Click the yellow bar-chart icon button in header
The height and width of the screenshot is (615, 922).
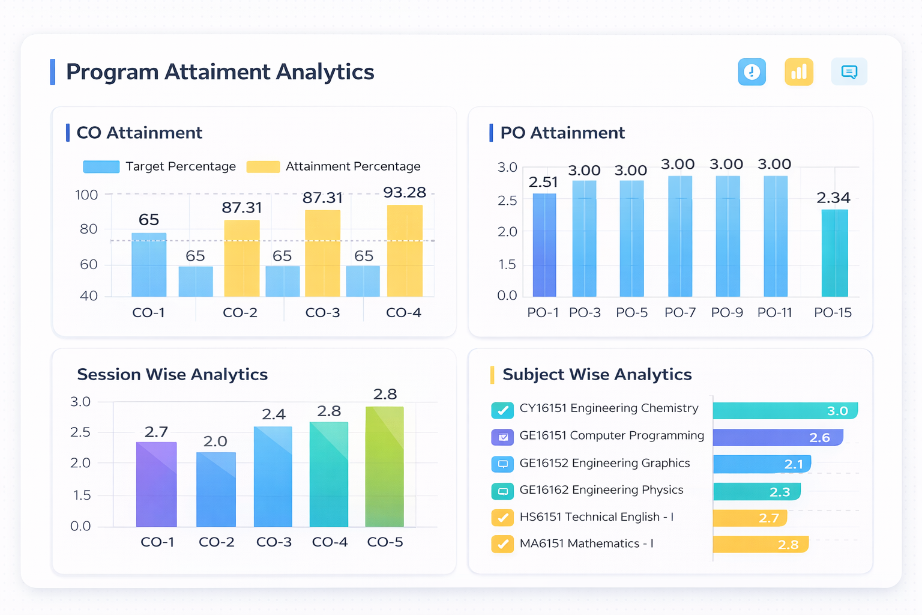[799, 72]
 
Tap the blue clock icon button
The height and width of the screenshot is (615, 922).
[752, 72]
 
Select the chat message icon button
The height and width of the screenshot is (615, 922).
[849, 72]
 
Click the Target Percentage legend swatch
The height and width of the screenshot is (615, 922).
[101, 167]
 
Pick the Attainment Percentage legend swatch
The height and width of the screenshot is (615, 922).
[263, 167]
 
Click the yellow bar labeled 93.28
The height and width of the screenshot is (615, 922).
[405, 251]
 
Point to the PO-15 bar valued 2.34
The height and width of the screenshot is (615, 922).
[834, 253]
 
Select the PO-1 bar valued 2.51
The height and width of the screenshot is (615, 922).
[544, 245]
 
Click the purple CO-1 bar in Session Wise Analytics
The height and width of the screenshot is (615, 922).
[157, 484]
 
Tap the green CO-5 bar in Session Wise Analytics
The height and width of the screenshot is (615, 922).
[385, 467]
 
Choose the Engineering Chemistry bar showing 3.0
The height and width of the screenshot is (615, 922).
[785, 411]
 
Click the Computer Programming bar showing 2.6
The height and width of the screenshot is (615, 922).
[778, 437]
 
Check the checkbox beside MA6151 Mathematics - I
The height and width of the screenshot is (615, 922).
[502, 544]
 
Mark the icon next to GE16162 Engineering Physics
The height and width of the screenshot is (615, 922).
[502, 491]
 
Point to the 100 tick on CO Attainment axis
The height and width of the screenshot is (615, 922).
[86, 195]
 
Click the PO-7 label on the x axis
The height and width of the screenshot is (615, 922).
[680, 313]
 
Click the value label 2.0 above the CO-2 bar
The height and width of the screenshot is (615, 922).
[215, 441]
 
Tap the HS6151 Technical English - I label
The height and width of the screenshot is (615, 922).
[596, 517]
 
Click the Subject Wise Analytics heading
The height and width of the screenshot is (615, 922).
[597, 375]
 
